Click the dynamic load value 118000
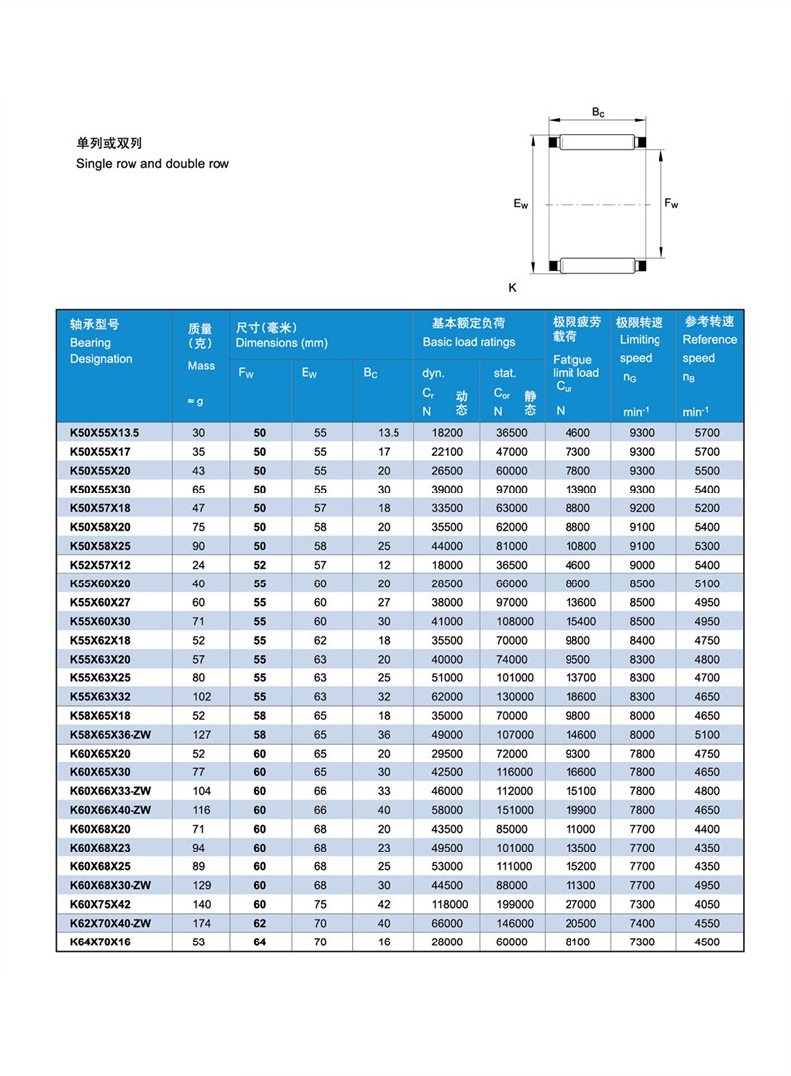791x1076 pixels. coord(445,904)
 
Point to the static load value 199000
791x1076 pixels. coord(513,904)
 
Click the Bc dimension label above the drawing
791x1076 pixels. coord(598,113)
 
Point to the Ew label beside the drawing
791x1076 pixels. coord(520,205)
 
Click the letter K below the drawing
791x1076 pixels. coord(512,288)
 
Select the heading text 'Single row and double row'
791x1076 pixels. coord(152,163)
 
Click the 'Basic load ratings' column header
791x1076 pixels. coord(469,342)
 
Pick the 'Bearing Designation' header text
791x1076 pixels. coord(101,350)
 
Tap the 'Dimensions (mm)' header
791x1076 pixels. coord(282,342)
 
